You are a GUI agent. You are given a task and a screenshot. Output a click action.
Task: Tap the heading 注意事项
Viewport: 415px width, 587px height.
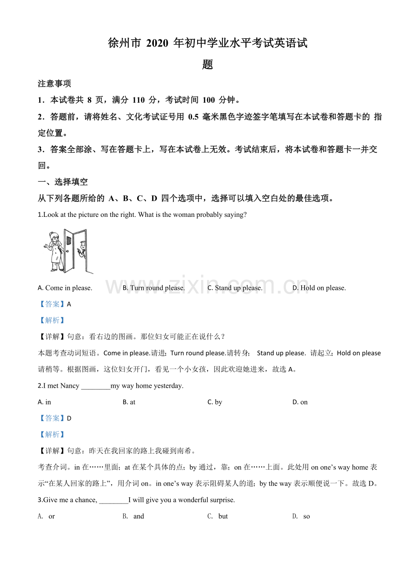pyautogui.click(x=55, y=83)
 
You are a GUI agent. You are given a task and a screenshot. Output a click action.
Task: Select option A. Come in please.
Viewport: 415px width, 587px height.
pyautogui.click(x=65, y=288)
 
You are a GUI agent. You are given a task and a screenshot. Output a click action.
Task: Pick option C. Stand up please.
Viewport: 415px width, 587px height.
pyautogui.click(x=235, y=288)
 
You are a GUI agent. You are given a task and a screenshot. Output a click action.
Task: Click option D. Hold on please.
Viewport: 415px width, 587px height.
pyautogui.click(x=319, y=288)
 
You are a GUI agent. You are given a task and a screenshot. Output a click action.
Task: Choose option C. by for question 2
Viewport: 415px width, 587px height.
pyautogui.click(x=215, y=402)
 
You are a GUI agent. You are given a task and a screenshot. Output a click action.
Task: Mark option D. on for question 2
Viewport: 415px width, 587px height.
pyautogui.click(x=300, y=402)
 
